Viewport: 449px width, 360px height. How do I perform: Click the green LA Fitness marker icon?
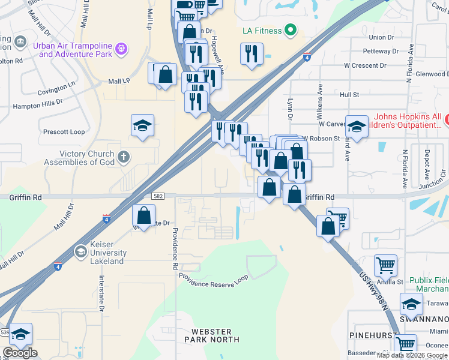tap(291, 29)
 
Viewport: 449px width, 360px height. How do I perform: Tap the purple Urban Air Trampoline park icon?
tap(122, 48)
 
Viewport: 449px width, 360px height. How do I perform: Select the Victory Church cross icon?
tap(123, 158)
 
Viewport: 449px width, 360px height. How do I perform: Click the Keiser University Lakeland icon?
tap(80, 251)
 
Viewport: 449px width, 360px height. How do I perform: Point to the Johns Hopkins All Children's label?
tap(408, 121)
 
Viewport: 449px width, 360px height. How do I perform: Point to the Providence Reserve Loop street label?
tap(213, 281)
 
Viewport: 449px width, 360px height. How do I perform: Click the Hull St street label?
tap(349, 95)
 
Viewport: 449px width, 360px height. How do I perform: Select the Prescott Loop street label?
tap(64, 131)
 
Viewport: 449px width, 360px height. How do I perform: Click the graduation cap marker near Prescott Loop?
tap(143, 126)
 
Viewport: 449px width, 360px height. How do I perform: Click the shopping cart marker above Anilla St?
tap(385, 265)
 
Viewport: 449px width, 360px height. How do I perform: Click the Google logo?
tap(20, 353)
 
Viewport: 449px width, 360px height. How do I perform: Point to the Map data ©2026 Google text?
tap(412, 355)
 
